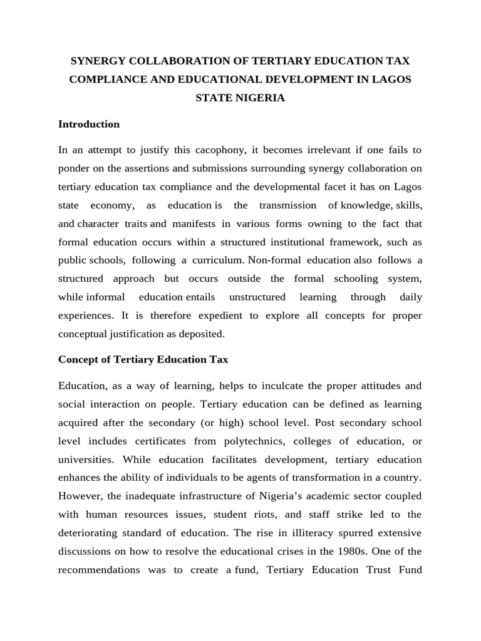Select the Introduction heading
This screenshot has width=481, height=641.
coord(89,124)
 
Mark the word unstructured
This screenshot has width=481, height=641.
coord(257,297)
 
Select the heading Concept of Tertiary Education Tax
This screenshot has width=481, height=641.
coord(143,359)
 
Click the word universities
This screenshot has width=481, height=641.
coord(86,459)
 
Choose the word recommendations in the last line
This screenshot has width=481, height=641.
coord(97,570)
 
